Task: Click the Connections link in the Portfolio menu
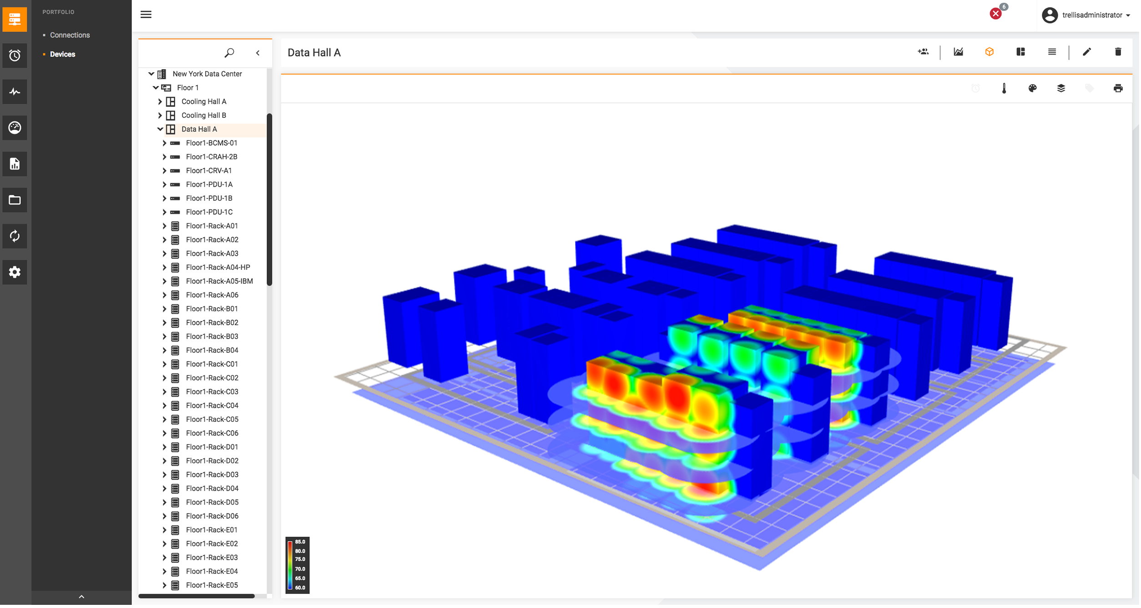coord(70,35)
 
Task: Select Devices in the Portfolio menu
coord(62,54)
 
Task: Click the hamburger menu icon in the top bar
coord(146,15)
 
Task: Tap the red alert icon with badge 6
coord(995,14)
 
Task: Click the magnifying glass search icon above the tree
coord(229,53)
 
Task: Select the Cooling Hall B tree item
coord(203,115)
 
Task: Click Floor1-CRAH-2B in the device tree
coord(212,157)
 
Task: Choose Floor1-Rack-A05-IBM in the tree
coord(219,281)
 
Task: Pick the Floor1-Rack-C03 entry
coord(212,392)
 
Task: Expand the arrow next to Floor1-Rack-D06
coord(164,516)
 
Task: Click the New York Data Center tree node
coord(207,74)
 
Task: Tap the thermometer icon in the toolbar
coord(1004,88)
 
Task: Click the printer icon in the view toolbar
coord(1118,88)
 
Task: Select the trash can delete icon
coord(1118,52)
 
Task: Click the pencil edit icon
coord(1087,52)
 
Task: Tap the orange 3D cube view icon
coord(990,52)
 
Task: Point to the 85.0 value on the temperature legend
coord(300,542)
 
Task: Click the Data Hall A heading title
coord(314,53)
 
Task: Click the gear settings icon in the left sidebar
coord(15,272)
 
